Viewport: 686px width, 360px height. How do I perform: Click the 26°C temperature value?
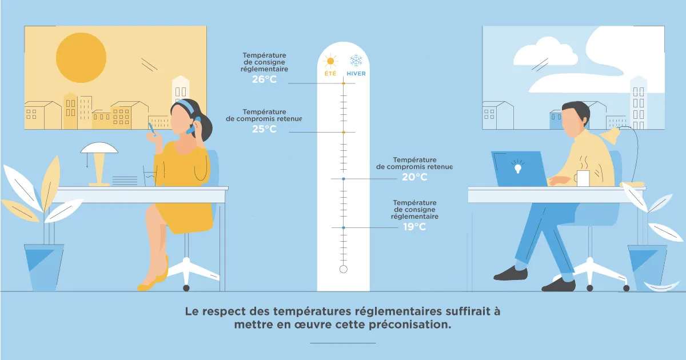click(x=264, y=79)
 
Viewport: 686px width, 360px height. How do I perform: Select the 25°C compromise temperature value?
click(x=264, y=129)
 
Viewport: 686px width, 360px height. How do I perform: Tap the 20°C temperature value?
click(x=414, y=177)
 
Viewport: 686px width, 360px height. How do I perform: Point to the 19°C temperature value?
click(x=414, y=227)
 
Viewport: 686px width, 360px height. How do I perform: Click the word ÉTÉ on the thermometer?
click(x=330, y=74)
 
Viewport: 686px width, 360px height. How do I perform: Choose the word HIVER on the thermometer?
click(x=356, y=74)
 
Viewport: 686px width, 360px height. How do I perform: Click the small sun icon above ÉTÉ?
click(x=330, y=61)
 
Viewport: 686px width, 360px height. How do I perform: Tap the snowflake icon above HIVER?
click(x=356, y=61)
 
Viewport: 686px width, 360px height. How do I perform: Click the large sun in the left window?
click(x=81, y=58)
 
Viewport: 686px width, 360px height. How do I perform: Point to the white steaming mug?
click(x=582, y=178)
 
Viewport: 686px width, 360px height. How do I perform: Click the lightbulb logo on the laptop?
click(x=517, y=166)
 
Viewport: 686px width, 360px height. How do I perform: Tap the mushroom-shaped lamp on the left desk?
click(x=99, y=164)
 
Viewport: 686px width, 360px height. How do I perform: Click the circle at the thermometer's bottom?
click(x=344, y=269)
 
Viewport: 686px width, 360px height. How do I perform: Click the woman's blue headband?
click(x=186, y=105)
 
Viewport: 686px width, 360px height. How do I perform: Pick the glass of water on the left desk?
click(x=149, y=176)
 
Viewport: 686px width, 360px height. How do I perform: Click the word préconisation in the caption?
click(x=410, y=325)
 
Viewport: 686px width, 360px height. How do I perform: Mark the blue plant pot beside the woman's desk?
click(x=44, y=267)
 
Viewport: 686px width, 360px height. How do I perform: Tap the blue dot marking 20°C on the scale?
click(x=344, y=179)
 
